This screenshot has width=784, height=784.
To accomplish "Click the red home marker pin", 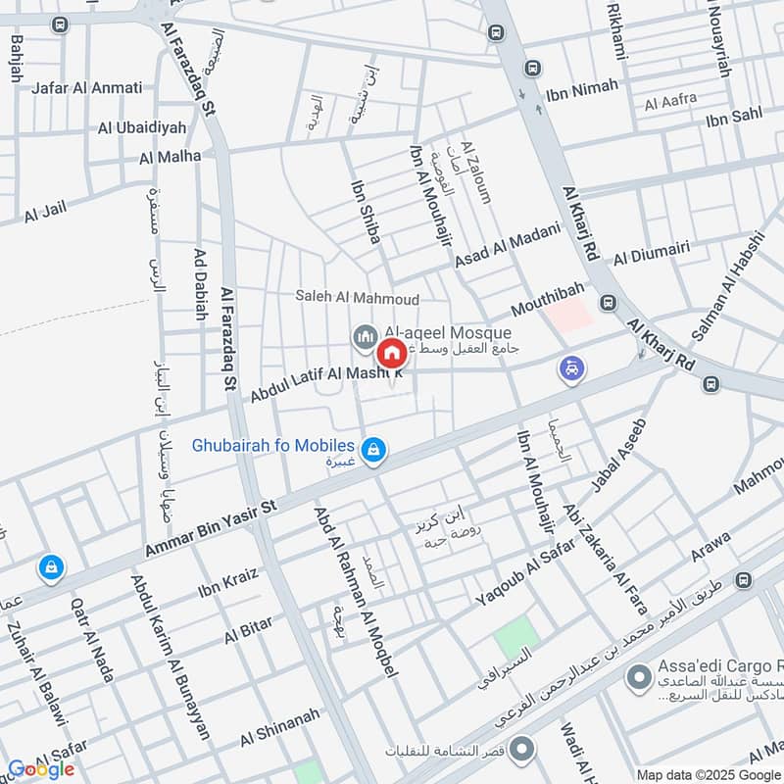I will click(392, 354).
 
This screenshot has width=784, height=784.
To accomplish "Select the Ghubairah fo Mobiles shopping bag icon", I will click(372, 450).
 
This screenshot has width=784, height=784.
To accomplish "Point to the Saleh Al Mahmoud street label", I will click(358, 298).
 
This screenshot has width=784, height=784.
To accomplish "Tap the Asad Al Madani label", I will click(507, 246).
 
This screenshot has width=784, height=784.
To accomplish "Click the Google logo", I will click(41, 769).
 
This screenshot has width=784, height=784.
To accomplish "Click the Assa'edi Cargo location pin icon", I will click(639, 676).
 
